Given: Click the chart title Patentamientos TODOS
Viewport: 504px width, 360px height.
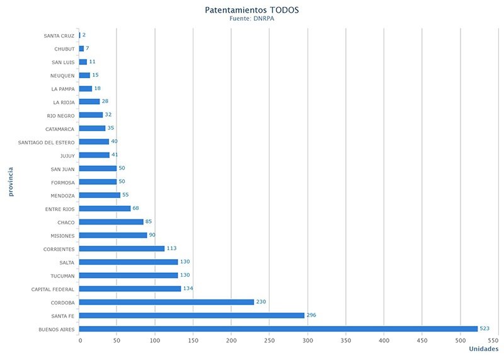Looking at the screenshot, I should pyautogui.click(x=252, y=10).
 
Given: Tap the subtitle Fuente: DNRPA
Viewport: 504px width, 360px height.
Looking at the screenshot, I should pyautogui.click(x=252, y=19).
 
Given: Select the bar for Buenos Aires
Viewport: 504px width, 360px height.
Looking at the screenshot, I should pyautogui.click(x=278, y=328).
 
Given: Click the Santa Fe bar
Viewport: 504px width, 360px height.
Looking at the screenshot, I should pyautogui.click(x=192, y=315).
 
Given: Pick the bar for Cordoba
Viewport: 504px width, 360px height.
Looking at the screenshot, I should pyautogui.click(x=166, y=302).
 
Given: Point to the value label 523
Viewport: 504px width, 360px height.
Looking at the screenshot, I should pyautogui.click(x=484, y=328).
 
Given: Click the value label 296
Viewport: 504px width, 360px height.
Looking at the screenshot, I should pyautogui.click(x=312, y=315).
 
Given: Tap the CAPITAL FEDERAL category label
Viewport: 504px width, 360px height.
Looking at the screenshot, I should pyautogui.click(x=53, y=289).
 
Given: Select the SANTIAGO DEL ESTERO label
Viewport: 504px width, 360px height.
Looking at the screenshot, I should pyautogui.click(x=47, y=142).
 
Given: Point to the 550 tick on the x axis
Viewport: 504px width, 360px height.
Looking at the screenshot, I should pyautogui.click(x=493, y=340).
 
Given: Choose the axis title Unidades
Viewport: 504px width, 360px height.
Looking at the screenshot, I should pyautogui.click(x=483, y=349).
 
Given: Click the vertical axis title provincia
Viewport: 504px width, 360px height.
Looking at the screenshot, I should pyautogui.click(x=11, y=182).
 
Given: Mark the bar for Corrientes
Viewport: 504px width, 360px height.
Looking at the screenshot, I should pyautogui.click(x=122, y=248).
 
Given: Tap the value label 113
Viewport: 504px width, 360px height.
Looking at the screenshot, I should pyautogui.click(x=172, y=248).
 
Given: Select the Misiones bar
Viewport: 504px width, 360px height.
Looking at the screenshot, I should pyautogui.click(x=113, y=235).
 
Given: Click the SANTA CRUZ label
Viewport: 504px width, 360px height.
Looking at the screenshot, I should pyautogui.click(x=59, y=35).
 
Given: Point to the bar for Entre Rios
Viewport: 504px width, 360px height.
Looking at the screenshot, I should pyautogui.click(x=105, y=209).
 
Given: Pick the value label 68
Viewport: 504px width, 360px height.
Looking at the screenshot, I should pyautogui.click(x=136, y=209).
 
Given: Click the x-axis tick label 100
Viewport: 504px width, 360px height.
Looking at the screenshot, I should pyautogui.click(x=156, y=340).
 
